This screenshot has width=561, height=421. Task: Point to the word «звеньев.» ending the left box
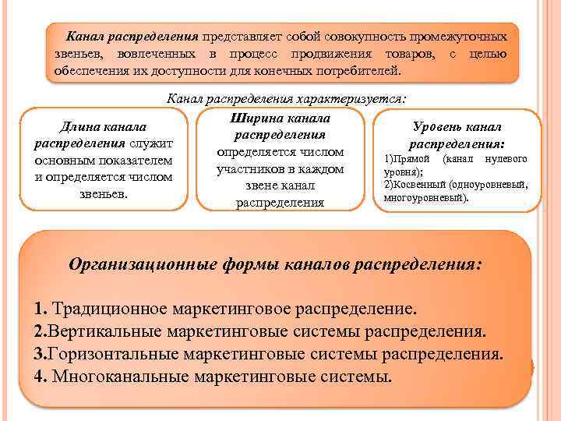[x=104, y=193]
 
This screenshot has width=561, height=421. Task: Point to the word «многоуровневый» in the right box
[x=424, y=198]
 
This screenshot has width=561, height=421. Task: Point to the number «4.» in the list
[x=42, y=378]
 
